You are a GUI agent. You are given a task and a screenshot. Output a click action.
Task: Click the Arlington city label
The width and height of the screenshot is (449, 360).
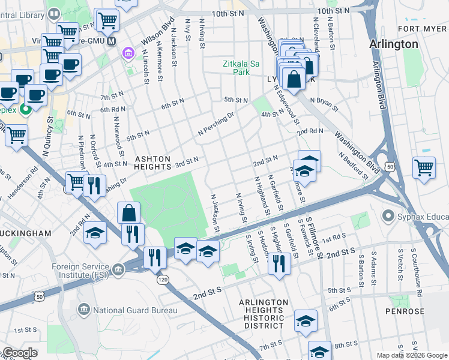pos(394,44)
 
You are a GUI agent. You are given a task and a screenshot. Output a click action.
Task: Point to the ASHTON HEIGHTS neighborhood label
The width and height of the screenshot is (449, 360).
pos(152,163)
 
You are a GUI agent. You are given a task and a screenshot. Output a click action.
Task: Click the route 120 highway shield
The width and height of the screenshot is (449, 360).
pos(162,280)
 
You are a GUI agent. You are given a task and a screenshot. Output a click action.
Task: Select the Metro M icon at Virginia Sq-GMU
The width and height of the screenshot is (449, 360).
pos(110,40)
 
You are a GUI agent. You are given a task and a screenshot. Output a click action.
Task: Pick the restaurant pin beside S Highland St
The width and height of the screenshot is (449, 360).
pos(279,263)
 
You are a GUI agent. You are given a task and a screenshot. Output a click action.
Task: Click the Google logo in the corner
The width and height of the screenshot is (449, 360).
pos(19,353)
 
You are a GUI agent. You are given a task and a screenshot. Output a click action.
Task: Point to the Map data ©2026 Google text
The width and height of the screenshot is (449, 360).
pos(412,355)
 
